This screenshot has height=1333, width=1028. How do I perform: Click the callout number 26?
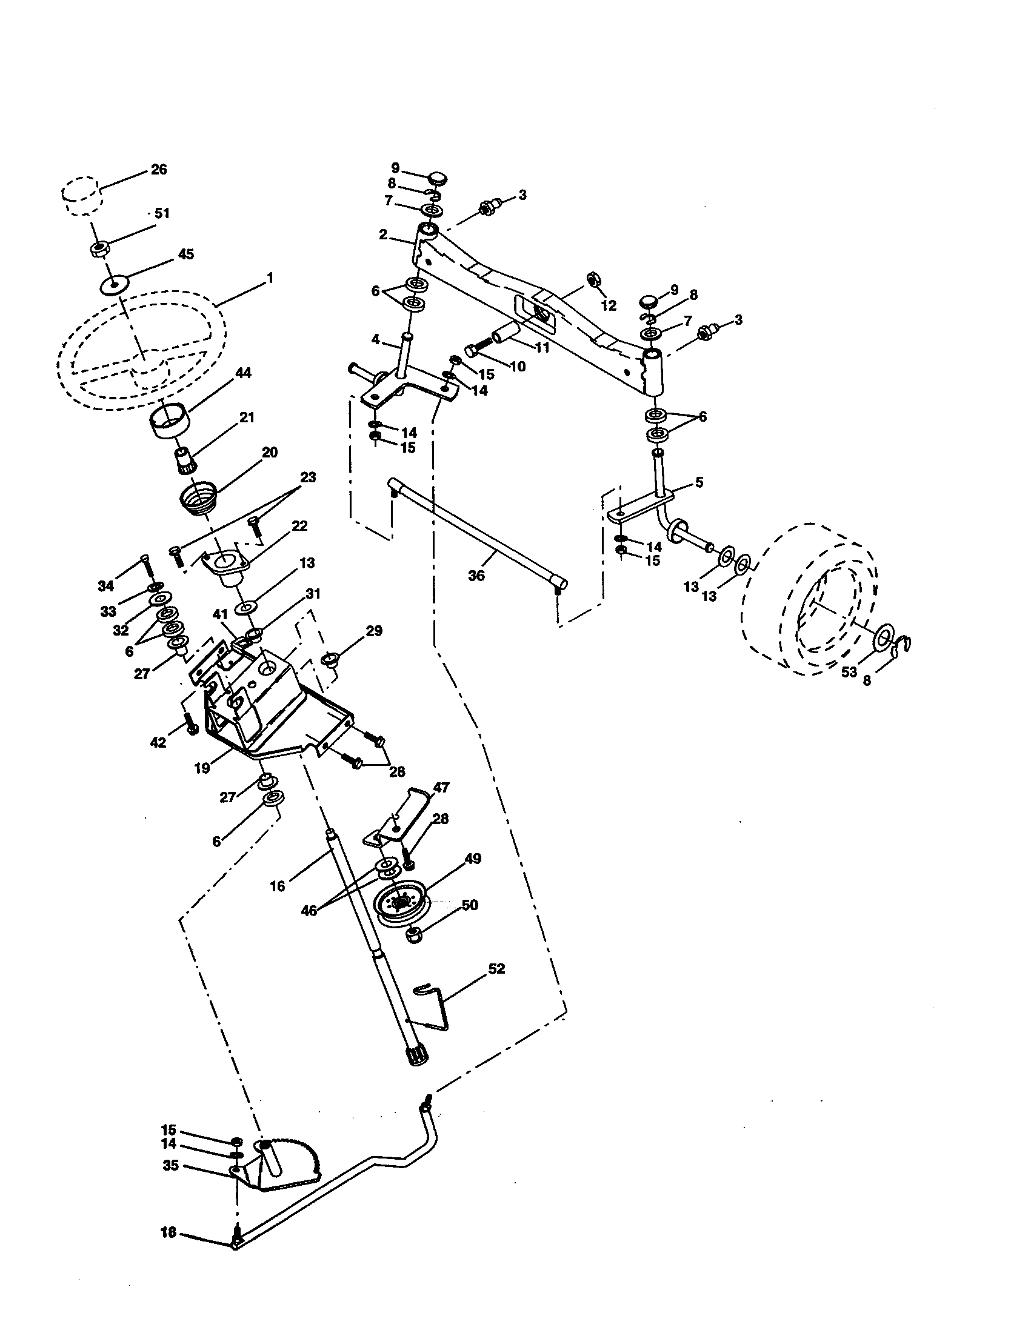coord(159,170)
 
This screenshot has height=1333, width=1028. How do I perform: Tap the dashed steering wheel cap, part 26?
coord(81,195)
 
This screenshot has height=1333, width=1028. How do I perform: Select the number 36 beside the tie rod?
coord(476,576)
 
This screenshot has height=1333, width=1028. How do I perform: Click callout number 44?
coord(243,373)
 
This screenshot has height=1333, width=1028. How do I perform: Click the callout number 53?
coord(848,673)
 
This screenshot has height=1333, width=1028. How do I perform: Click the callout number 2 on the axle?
coord(382,235)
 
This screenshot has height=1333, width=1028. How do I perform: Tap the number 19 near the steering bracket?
coord(202,769)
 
